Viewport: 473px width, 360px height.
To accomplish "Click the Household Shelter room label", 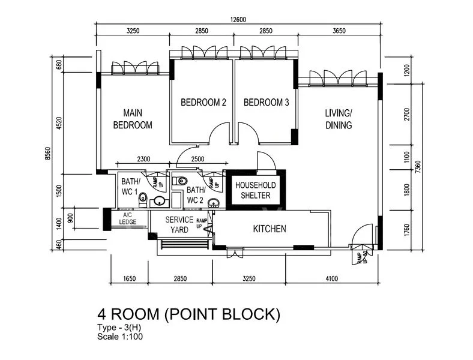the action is pyautogui.click(x=256, y=190).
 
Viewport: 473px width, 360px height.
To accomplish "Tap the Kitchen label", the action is pyautogui.click(x=270, y=229).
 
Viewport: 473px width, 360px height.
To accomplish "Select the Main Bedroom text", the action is pyautogui.click(x=133, y=119).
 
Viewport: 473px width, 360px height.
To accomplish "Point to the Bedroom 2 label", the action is pyautogui.click(x=203, y=103).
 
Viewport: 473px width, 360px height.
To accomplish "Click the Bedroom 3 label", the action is pyautogui.click(x=266, y=103).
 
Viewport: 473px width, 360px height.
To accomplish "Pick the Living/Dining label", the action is pyautogui.click(x=339, y=119).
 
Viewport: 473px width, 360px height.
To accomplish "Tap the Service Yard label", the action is pyautogui.click(x=179, y=224).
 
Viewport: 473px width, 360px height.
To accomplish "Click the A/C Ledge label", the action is pyautogui.click(x=128, y=218).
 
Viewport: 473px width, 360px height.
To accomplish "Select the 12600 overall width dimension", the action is pyautogui.click(x=238, y=20).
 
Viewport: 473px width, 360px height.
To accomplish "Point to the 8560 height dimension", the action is pyautogui.click(x=47, y=154).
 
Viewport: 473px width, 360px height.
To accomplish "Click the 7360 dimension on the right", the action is pyautogui.click(x=418, y=167).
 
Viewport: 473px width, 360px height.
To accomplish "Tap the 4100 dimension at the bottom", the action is pyautogui.click(x=332, y=279).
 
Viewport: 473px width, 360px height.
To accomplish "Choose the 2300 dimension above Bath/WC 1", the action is pyautogui.click(x=143, y=159).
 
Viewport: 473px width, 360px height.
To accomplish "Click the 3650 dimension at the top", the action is pyautogui.click(x=339, y=31).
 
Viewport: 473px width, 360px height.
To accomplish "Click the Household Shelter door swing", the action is pyautogui.click(x=266, y=160).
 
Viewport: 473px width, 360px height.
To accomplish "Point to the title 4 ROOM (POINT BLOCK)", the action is pyautogui.click(x=189, y=314).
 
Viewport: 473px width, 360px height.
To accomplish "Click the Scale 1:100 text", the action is pyautogui.click(x=120, y=337).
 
